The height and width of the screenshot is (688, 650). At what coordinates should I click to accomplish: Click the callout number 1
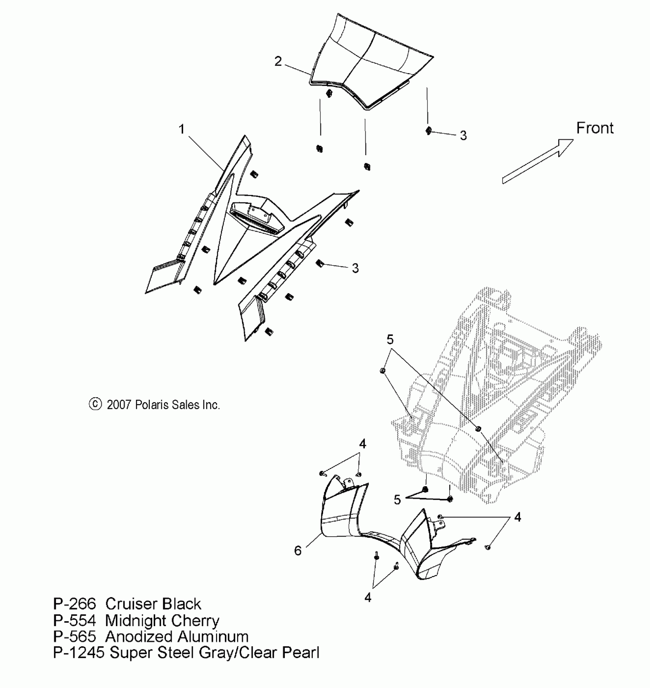click(182, 129)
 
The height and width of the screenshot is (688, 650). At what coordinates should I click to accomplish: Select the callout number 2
click(278, 61)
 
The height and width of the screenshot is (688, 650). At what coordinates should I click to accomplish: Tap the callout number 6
click(298, 551)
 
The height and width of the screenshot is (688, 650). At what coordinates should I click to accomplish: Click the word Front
click(595, 128)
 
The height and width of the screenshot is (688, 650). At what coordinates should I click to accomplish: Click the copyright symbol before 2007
click(95, 404)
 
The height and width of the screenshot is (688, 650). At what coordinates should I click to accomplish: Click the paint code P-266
click(75, 604)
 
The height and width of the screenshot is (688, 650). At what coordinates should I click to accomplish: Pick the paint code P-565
click(75, 637)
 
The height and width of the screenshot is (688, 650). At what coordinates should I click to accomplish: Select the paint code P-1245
click(79, 653)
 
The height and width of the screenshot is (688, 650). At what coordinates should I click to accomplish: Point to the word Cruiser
click(128, 604)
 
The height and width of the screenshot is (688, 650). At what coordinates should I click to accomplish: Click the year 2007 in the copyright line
click(119, 405)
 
